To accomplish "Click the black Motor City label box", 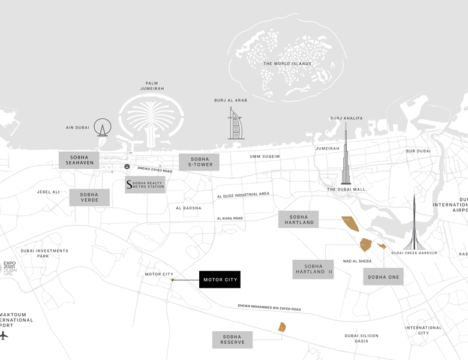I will pyautogui.click(x=220, y=280).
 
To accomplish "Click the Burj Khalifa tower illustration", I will pyautogui.click(x=346, y=156).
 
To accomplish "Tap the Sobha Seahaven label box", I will pyautogui.click(x=79, y=160).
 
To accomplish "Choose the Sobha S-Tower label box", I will pyautogui.click(x=199, y=162).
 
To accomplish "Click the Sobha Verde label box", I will pyautogui.click(x=89, y=197).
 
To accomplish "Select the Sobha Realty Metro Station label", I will pyautogui.click(x=145, y=185).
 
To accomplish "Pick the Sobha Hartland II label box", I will pyautogui.click(x=313, y=269).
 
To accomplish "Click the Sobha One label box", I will pyautogui.click(x=383, y=277).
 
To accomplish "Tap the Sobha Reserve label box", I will pyautogui.click(x=232, y=340).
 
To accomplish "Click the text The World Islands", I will pyautogui.click(x=287, y=64).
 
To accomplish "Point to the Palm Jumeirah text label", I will pyautogui.click(x=152, y=86).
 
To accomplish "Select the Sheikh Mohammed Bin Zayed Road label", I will pyautogui.click(x=269, y=308).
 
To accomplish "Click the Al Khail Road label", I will pyautogui.click(x=230, y=218).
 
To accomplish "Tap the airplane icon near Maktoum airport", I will pyautogui.click(x=4, y=335).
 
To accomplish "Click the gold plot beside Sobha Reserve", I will pyautogui.click(x=282, y=327).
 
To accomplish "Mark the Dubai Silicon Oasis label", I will pyautogui.click(x=361, y=338).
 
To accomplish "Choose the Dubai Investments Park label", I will pyautogui.click(x=44, y=253).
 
